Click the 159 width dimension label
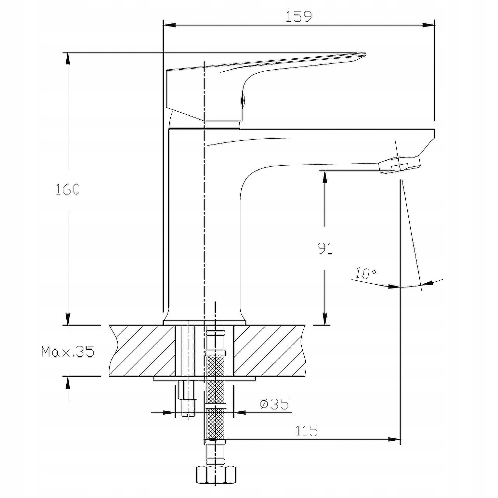coord(299,17)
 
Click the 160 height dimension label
coord(68,189)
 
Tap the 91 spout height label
coord(325,248)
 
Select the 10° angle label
coord(366,273)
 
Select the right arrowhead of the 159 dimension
coord(428,25)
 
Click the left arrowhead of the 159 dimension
coord(170,25)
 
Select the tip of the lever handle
coord(366,54)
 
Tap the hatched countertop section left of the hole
coord(142,351)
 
